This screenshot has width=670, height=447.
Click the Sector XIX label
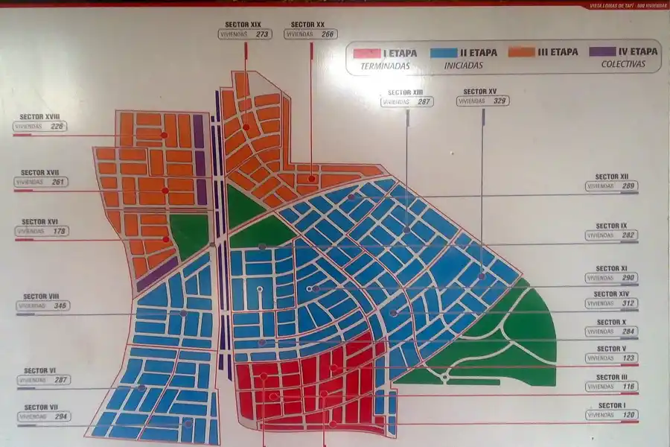coord(245,24)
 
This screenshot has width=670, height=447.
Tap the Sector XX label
coord(307,24)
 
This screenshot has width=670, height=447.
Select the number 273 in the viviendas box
coord(262,34)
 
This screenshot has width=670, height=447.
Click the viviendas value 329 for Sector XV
coord(500,101)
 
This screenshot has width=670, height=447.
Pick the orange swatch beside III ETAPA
coord(522,53)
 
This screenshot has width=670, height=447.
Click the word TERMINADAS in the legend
coord(386,66)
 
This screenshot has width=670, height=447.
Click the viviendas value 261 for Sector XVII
coord(60,182)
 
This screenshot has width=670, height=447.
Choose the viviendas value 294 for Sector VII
coord(61,417)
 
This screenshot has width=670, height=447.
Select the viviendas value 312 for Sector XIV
coord(628,303)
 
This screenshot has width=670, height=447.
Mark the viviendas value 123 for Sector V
coord(628,358)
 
